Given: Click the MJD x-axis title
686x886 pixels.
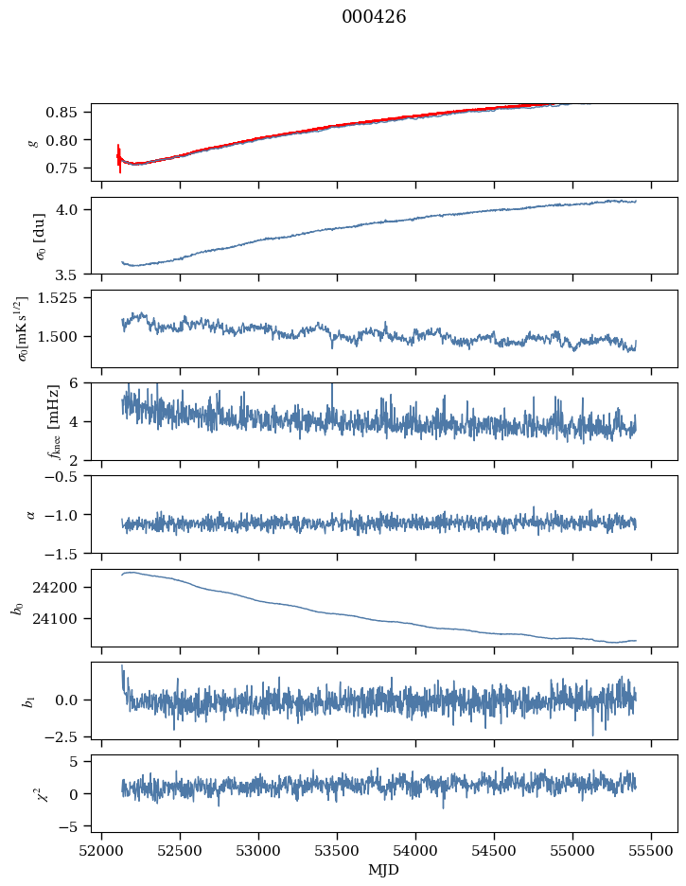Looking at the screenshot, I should click(x=383, y=869).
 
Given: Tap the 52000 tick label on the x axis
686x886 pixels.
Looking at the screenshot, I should click(x=102, y=849).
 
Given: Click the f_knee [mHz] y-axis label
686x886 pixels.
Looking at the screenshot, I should click(x=26, y=421).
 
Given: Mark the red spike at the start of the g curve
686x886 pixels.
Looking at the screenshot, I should click(x=119, y=158).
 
